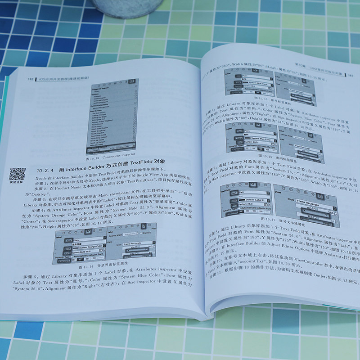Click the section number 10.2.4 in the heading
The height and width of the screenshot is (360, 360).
point(46,171)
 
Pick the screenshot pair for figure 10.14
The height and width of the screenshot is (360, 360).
point(105,243)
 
